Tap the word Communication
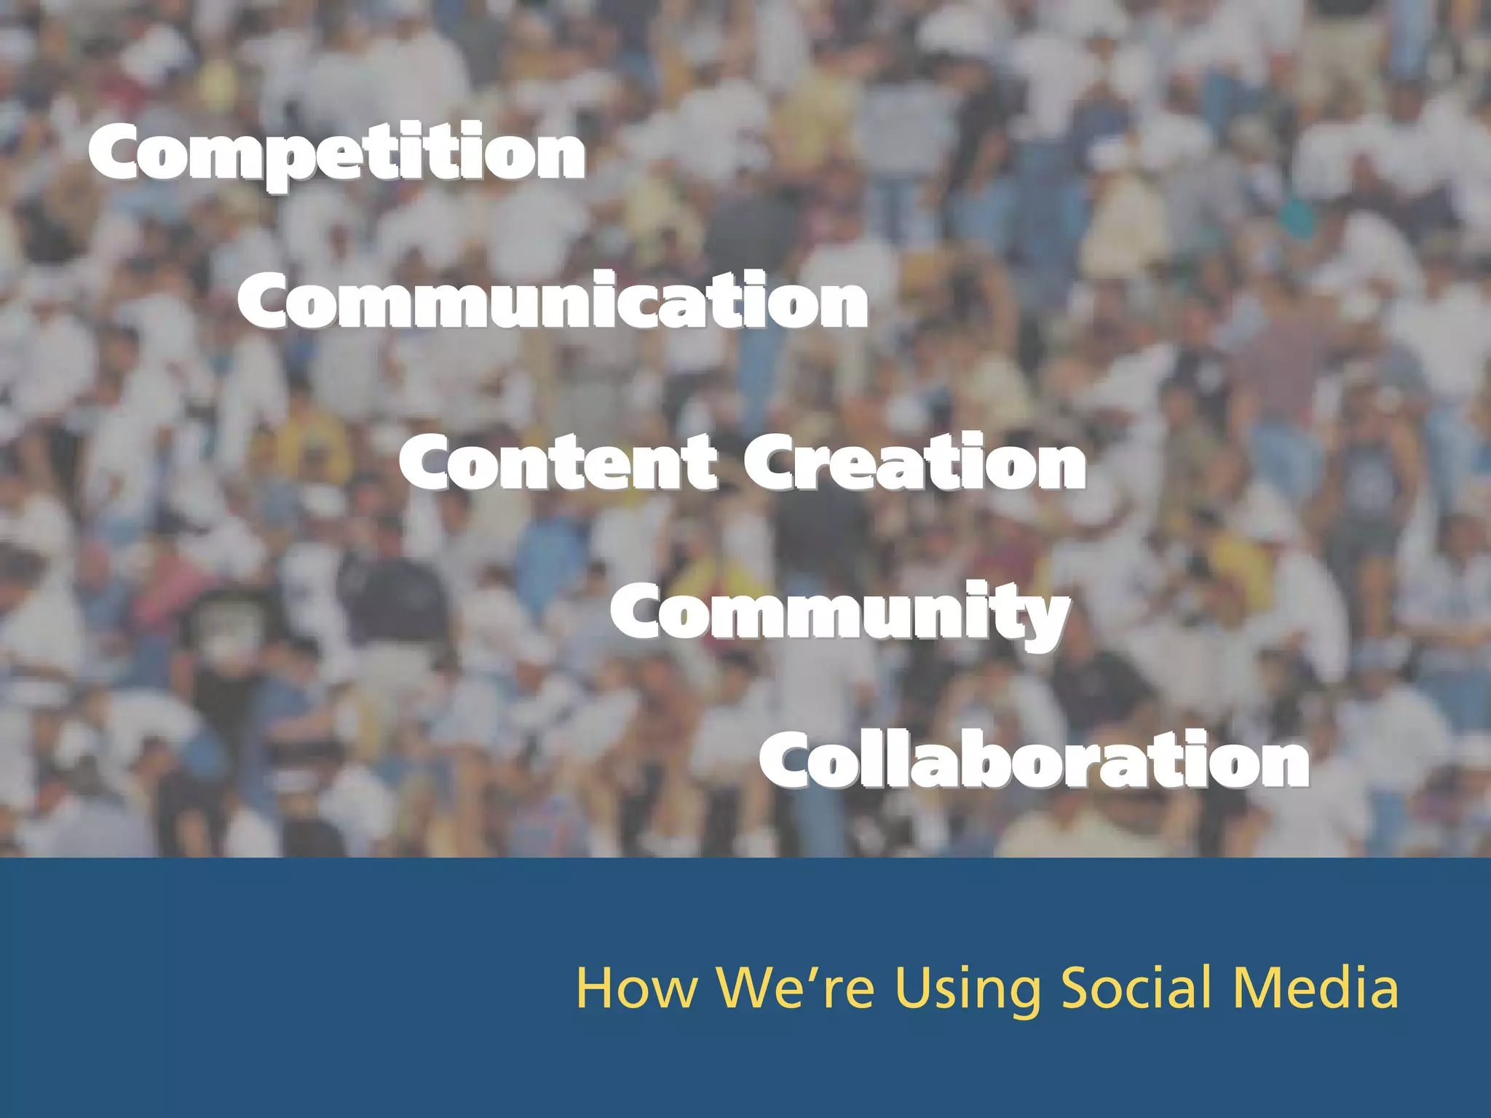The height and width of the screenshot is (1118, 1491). point(553,301)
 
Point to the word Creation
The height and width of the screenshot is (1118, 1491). point(914,463)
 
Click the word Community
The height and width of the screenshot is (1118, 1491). point(840,613)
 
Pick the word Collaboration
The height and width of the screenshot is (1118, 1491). point(1034,760)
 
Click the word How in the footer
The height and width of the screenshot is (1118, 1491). point(636,988)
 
